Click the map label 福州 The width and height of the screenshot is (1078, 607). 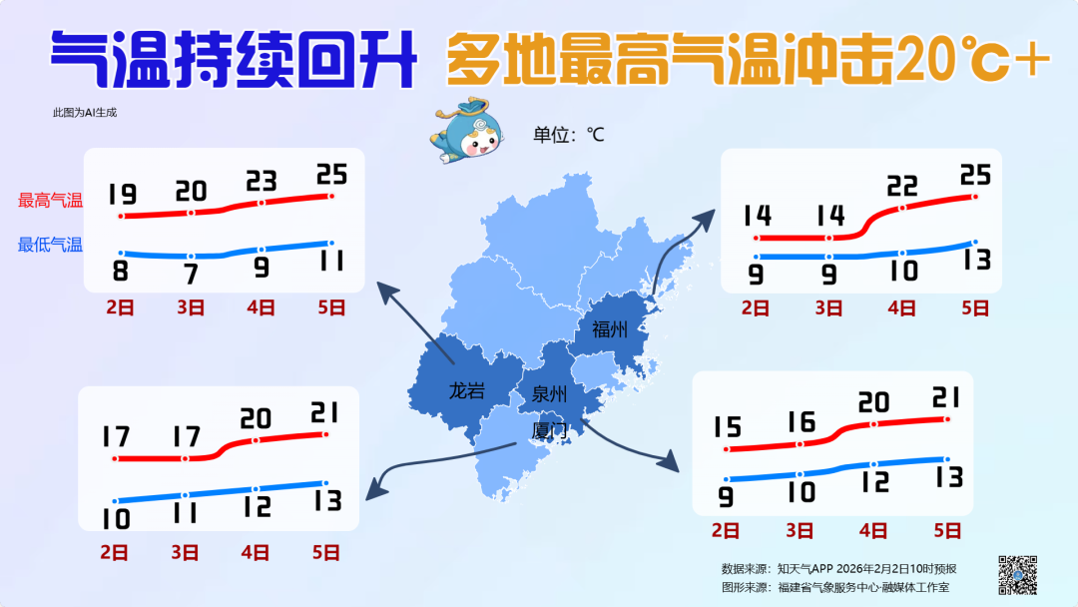(609, 328)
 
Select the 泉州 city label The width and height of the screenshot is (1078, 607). (550, 392)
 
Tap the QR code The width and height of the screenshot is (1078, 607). (1018, 573)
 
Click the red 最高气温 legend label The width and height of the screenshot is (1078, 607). (50, 201)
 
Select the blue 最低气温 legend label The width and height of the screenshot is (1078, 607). (50, 245)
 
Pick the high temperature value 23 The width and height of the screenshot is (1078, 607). (262, 181)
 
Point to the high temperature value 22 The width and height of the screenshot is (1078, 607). (902, 186)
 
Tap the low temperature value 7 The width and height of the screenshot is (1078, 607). (191, 275)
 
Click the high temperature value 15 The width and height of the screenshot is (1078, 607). (727, 427)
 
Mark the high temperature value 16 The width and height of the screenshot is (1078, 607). (801, 421)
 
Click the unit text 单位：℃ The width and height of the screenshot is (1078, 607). (568, 134)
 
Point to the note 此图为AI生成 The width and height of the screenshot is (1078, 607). (85, 113)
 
